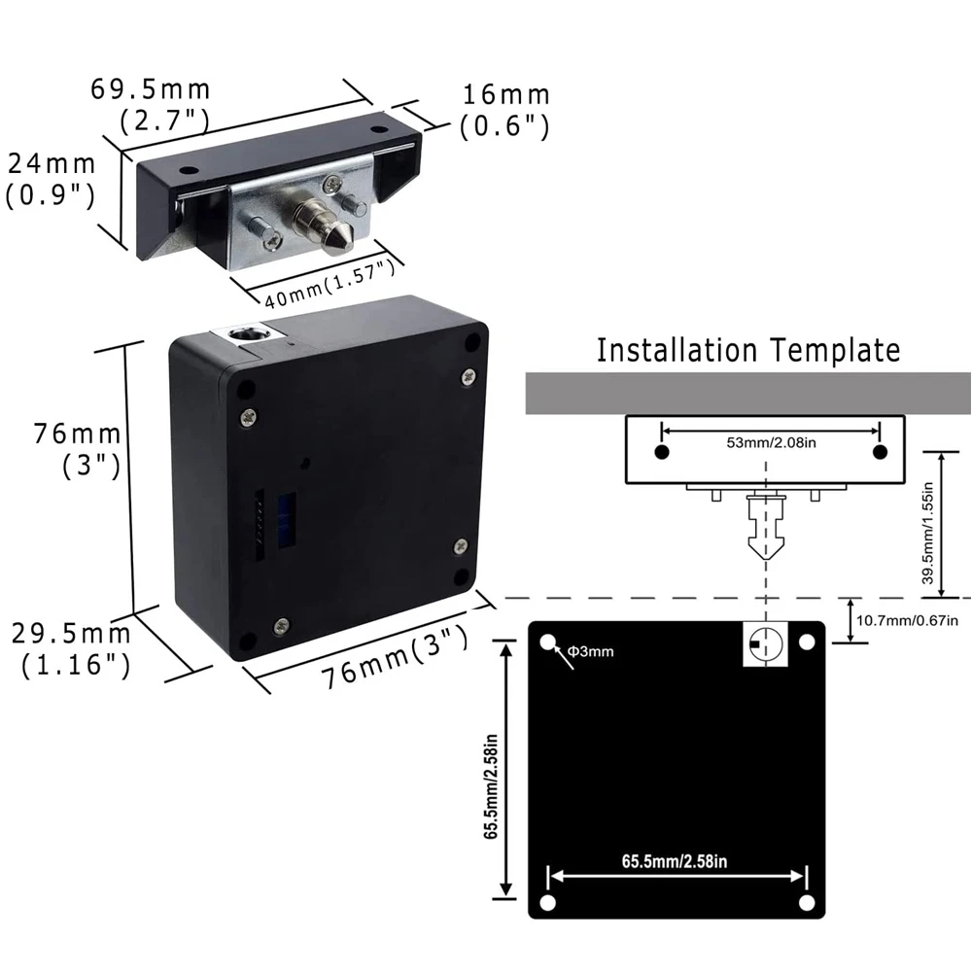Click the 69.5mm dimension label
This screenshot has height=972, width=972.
151,89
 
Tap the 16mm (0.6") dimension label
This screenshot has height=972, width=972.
505,111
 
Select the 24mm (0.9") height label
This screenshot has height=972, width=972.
51,180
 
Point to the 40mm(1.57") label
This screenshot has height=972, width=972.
330,283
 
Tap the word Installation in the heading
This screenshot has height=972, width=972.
677,350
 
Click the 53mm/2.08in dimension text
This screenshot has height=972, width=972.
771,442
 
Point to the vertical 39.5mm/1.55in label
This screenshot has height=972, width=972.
927,534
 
